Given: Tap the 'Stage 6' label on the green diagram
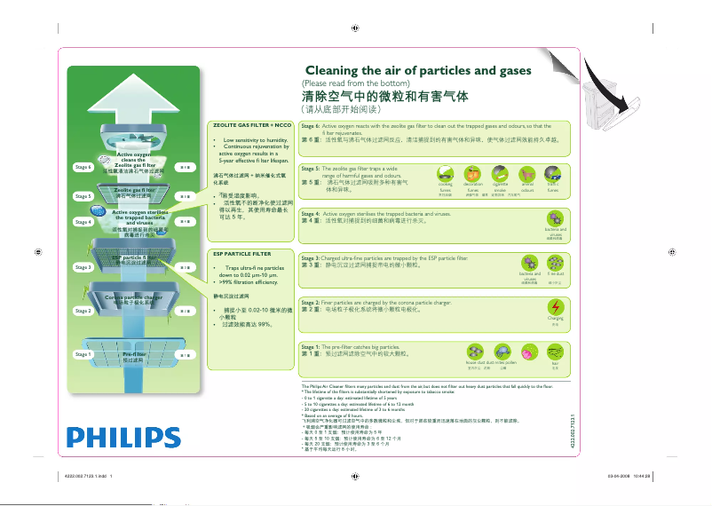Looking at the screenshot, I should pyautogui.click(x=83, y=167).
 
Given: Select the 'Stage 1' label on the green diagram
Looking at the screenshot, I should pyautogui.click(x=83, y=354).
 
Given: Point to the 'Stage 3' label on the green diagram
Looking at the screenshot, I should pyautogui.click(x=83, y=266).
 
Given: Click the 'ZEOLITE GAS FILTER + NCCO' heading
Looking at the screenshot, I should pyautogui.click(x=253, y=125).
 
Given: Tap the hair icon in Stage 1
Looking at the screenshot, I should pyautogui.click(x=555, y=352).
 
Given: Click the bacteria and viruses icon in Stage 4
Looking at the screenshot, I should pyautogui.click(x=555, y=218).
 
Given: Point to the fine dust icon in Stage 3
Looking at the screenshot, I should pyautogui.click(x=555, y=263).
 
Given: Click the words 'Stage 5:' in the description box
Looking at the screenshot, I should pyautogui.click(x=311, y=168).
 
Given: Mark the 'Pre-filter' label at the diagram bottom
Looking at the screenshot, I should pyautogui.click(x=133, y=354).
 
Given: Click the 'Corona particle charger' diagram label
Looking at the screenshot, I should pyautogui.click(x=133, y=296).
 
